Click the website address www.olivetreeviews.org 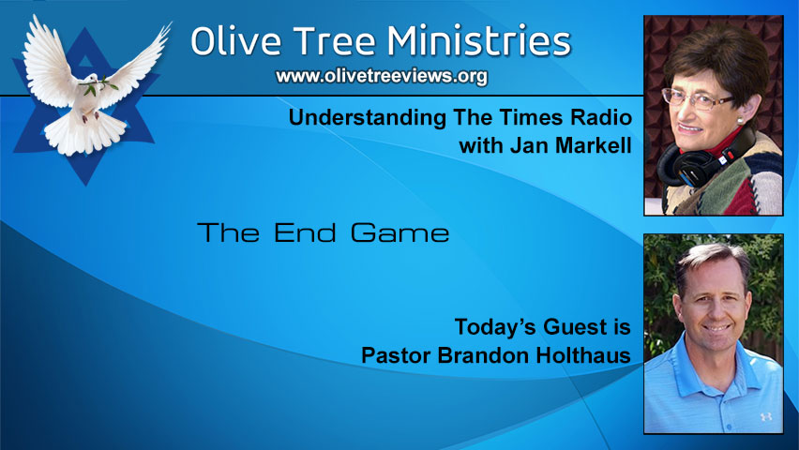(x=382, y=77)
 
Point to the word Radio (x=595, y=120)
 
